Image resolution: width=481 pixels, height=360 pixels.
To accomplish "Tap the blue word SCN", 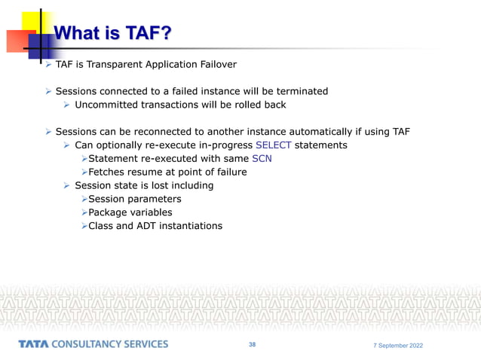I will click(262, 158).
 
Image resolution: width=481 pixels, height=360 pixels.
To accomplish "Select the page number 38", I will click(252, 344).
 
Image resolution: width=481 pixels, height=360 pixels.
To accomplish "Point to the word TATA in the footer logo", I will click(35, 344).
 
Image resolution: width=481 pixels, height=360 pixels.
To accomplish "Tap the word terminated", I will click(299, 91).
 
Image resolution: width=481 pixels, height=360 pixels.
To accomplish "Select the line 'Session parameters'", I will click(135, 199).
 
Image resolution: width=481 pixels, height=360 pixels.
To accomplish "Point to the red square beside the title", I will click(18, 39).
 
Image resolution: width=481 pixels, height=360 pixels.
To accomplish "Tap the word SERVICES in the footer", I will click(142, 344).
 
